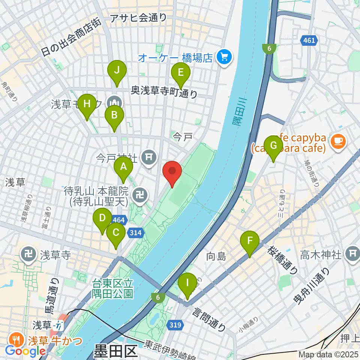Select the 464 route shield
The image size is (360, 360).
point(119,220)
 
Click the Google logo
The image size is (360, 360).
point(25,351)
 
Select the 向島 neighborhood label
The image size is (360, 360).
point(217,257)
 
